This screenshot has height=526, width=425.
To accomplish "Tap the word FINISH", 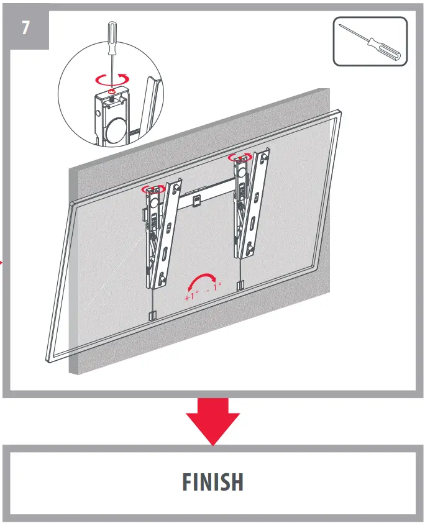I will [213, 482].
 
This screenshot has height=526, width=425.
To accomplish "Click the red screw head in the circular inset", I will [110, 92].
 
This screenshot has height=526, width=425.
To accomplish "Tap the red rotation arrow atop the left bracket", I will [153, 188].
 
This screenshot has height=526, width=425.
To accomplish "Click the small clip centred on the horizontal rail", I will [196, 201].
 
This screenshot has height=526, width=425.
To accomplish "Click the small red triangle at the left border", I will [2, 263].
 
